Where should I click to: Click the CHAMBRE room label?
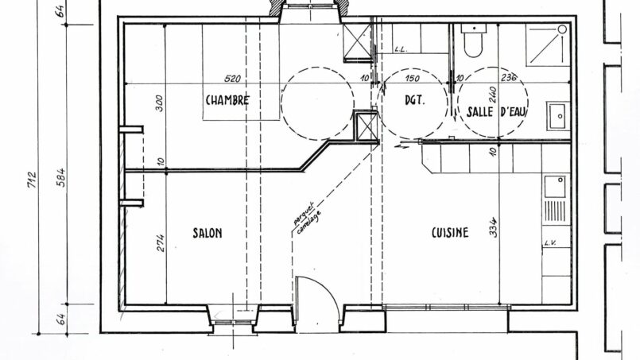tap(227, 100)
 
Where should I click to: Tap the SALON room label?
tap(208, 233)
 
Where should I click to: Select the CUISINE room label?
tap(450, 233)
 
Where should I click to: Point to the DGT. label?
tap(414, 100)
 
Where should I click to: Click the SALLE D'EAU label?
tap(497, 111)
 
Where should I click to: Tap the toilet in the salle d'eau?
tap(474, 40)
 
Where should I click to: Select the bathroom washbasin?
tap(557, 116)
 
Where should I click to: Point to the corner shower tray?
tap(547, 45)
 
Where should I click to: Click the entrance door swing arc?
tap(332, 291)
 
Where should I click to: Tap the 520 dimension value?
tap(233, 79)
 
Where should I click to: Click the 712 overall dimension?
tap(32, 180)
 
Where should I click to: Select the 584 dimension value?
tap(60, 177)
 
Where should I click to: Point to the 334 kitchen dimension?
tap(494, 228)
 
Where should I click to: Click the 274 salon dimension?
tap(160, 242)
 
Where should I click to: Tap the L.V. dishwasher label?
tap(551, 243)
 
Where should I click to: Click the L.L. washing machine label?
tap(401, 50)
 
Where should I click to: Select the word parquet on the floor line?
tap(304, 214)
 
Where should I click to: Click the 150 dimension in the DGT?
tap(413, 78)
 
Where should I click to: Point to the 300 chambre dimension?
tap(160, 103)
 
